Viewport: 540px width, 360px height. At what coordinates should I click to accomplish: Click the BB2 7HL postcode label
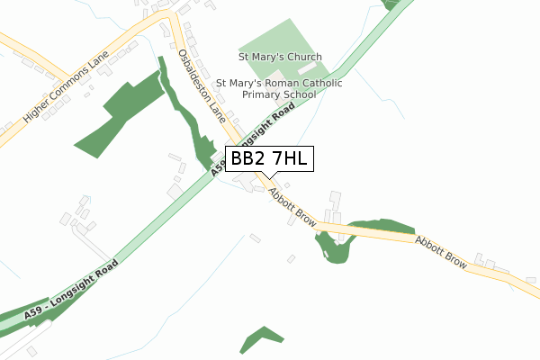tap(269, 159)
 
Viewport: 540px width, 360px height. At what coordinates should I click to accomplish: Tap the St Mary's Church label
tap(280, 56)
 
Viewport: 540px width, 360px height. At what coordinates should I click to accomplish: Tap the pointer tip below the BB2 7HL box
tap(269, 177)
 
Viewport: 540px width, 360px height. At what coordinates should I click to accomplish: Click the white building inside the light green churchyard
tap(308, 67)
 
